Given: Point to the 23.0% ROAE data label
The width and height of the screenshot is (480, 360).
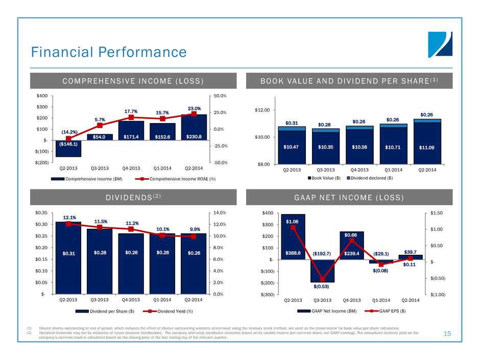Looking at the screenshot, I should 194,108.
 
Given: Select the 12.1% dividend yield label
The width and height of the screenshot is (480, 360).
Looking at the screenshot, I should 68,218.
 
